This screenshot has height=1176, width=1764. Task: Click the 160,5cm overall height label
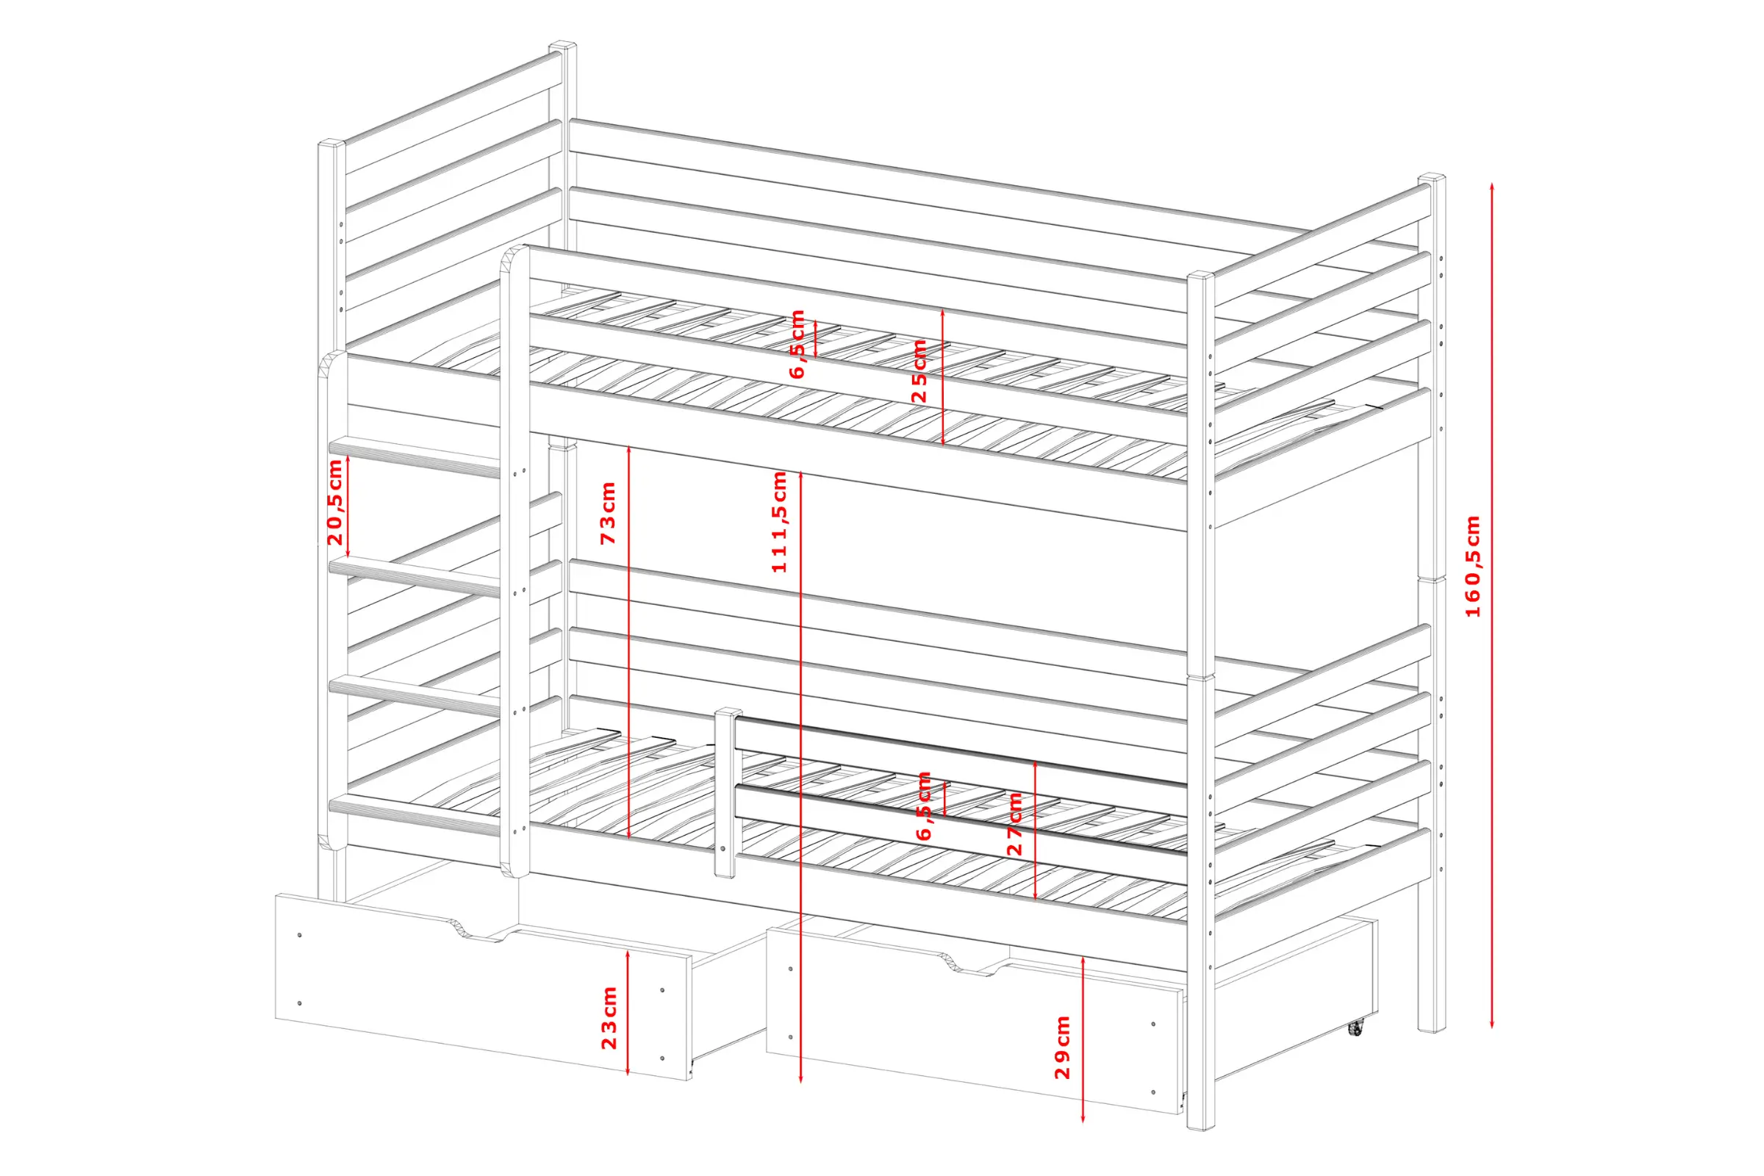click(1473, 566)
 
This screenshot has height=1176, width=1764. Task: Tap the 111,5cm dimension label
click(779, 522)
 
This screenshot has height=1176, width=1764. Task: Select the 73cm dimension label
click(608, 513)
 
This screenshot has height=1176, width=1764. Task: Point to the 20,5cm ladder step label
click(334, 503)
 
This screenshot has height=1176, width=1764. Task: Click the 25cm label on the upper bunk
click(919, 371)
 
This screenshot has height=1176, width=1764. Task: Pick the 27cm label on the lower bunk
click(1015, 823)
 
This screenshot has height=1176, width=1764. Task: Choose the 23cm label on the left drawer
click(609, 1018)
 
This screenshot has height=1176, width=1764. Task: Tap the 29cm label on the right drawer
click(1062, 1048)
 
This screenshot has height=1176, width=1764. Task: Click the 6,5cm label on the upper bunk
click(797, 343)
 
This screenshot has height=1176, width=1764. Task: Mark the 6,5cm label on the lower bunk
click(924, 806)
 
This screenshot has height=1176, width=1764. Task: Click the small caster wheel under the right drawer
click(1355, 1028)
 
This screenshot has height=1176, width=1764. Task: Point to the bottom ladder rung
click(415, 816)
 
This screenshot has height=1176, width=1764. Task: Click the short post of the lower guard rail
click(724, 793)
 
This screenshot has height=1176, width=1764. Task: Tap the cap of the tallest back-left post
click(562, 46)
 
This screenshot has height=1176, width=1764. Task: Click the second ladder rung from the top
click(415, 578)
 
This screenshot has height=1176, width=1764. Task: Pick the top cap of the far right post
click(1432, 179)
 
